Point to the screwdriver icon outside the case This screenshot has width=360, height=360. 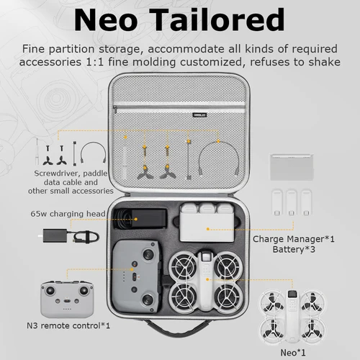point(35,152)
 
